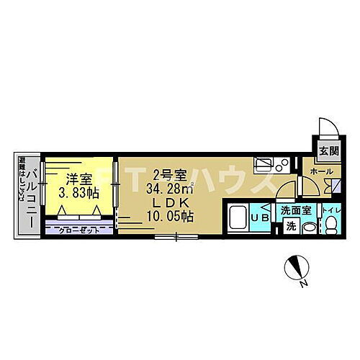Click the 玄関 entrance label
(328, 151)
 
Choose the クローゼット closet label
(78, 230)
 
